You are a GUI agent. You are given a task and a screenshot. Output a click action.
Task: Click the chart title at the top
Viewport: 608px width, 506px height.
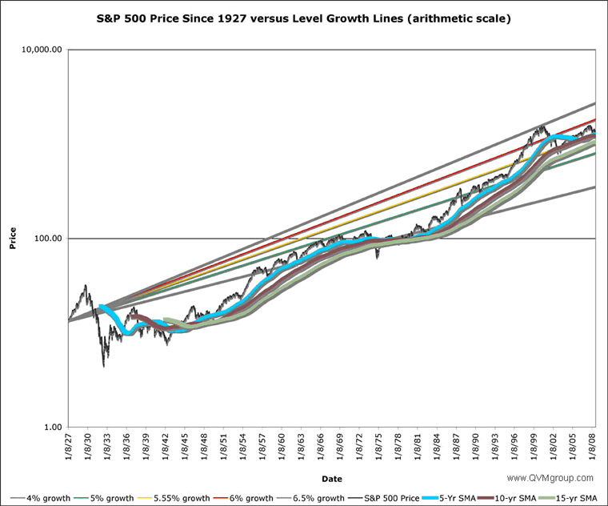[x=304, y=18]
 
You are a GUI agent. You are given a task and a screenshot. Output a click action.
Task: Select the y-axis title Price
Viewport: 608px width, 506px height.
[x=13, y=239]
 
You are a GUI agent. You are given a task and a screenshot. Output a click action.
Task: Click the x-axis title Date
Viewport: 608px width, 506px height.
[x=332, y=479]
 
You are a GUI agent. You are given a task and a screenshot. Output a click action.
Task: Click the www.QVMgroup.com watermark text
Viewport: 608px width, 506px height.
[x=553, y=478]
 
